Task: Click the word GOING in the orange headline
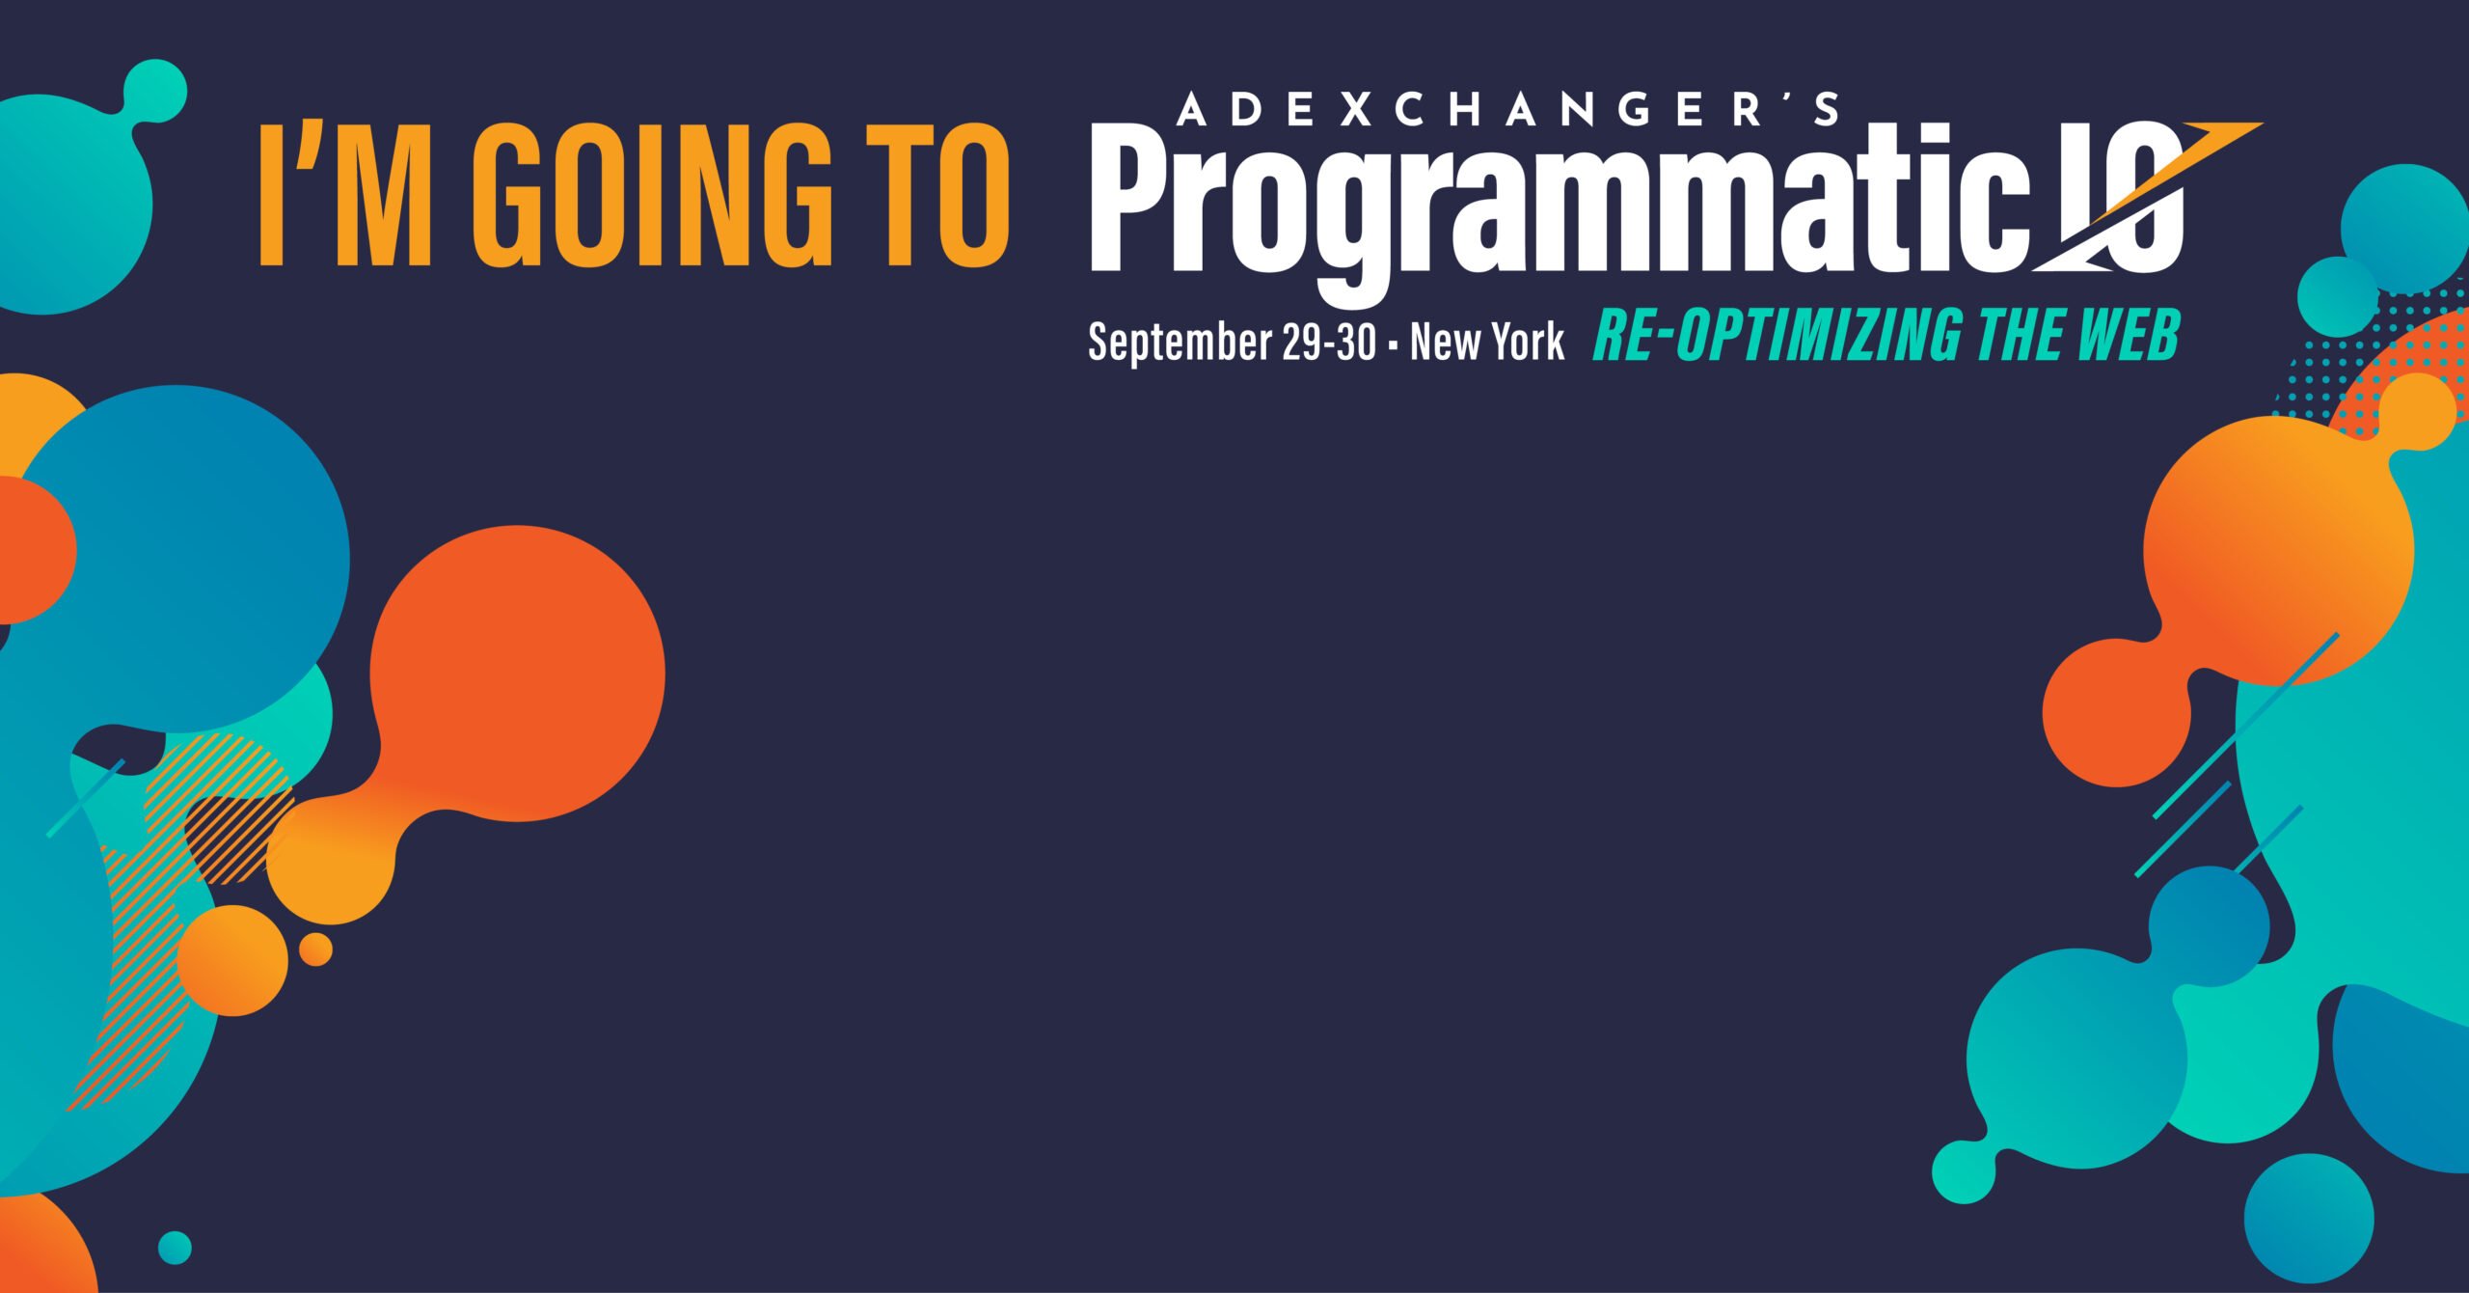(652, 194)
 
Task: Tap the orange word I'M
(345, 194)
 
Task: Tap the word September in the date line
(1180, 343)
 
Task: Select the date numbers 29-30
(1329, 342)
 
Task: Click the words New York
(1486, 342)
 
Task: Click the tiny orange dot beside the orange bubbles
(315, 949)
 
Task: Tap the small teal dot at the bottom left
(175, 1248)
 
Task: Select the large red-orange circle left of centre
(517, 674)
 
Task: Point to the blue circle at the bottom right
(2309, 1219)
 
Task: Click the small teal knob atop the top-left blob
(154, 91)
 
